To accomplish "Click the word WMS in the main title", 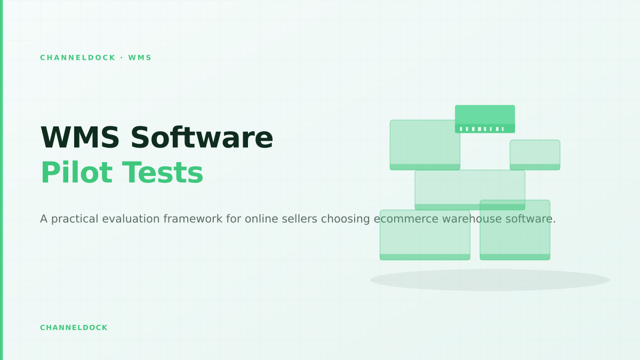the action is click(x=80, y=138).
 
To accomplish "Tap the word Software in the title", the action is click(x=202, y=138).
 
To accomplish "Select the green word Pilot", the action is click(x=77, y=172).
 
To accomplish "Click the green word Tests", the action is click(x=163, y=172).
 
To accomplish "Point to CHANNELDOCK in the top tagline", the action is click(x=78, y=58).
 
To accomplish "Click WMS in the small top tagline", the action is click(x=140, y=58).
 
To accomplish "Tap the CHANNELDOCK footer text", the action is click(x=74, y=327).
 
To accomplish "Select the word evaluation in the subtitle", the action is click(x=131, y=219).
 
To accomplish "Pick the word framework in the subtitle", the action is click(x=193, y=219).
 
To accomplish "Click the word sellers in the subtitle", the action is click(x=299, y=219).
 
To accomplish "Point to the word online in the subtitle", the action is click(x=261, y=219).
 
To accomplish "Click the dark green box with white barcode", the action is click(x=485, y=119).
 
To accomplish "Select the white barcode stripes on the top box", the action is click(x=482, y=129).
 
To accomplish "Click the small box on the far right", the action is click(x=535, y=155).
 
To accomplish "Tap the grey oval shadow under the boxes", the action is click(x=490, y=280).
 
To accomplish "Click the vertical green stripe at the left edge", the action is click(x=2, y=180).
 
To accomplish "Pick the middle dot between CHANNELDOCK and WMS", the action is click(x=122, y=58).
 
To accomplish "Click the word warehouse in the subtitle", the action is click(x=471, y=219).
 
